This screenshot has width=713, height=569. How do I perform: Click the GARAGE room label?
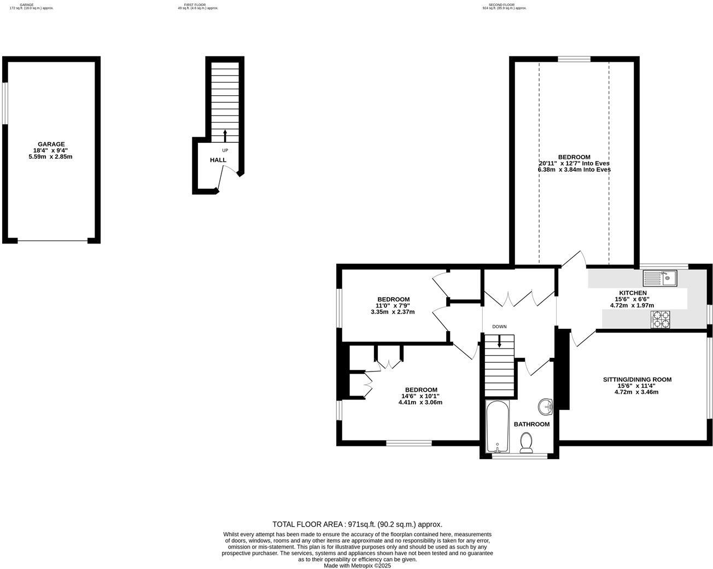click(50, 144)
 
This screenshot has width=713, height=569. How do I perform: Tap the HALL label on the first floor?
click(218, 160)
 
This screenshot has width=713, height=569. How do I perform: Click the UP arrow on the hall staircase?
click(225, 135)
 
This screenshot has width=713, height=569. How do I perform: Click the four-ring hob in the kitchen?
click(661, 319)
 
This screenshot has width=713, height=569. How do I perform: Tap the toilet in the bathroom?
click(526, 443)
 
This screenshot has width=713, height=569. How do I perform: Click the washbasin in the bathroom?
click(545, 406)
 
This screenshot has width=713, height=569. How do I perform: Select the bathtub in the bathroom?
click(497, 427)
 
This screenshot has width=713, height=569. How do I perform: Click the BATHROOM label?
click(531, 424)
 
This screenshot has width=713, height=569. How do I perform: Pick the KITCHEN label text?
click(633, 293)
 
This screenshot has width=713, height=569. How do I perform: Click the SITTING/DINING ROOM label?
click(637, 379)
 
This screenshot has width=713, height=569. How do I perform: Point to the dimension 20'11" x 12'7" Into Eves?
click(574, 163)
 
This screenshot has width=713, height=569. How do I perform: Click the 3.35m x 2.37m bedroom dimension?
click(393, 312)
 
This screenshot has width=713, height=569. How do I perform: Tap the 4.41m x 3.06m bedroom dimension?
click(420, 402)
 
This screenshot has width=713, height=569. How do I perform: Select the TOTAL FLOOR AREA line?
click(357, 524)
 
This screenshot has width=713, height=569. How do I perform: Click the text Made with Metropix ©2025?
click(357, 566)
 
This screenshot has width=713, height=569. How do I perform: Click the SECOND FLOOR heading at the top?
click(504, 4)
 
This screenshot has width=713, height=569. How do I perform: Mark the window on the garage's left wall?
click(5, 103)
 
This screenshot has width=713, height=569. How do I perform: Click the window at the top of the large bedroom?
click(574, 59)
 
